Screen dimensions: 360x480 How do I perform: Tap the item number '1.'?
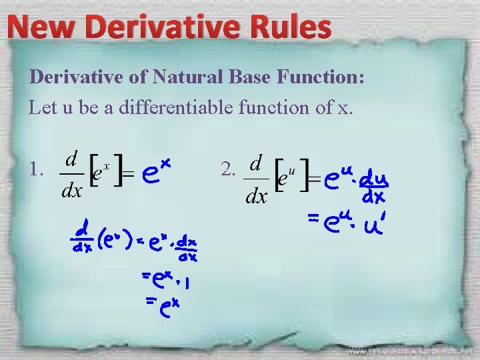37,171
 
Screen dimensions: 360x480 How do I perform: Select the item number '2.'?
227,171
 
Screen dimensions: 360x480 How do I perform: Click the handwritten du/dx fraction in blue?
375,189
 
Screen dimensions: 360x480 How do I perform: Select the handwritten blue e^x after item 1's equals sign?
158,171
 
